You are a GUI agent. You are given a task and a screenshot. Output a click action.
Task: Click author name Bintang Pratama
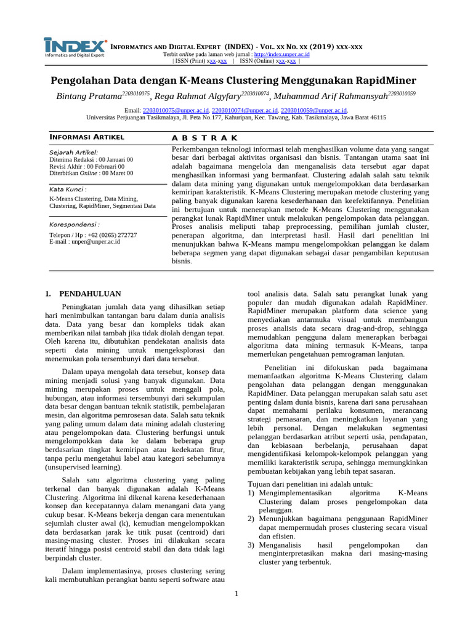click(89, 96)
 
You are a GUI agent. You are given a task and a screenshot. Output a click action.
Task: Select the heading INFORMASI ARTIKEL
click(87, 137)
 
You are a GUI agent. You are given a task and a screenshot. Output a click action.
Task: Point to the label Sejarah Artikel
click(73, 152)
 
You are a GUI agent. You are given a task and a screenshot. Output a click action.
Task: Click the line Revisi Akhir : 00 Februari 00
click(87, 166)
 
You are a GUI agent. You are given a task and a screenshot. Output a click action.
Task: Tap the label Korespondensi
click(74, 225)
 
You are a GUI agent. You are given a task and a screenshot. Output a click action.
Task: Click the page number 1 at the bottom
click(236, 593)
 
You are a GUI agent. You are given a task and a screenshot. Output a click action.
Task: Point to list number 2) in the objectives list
click(251, 519)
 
